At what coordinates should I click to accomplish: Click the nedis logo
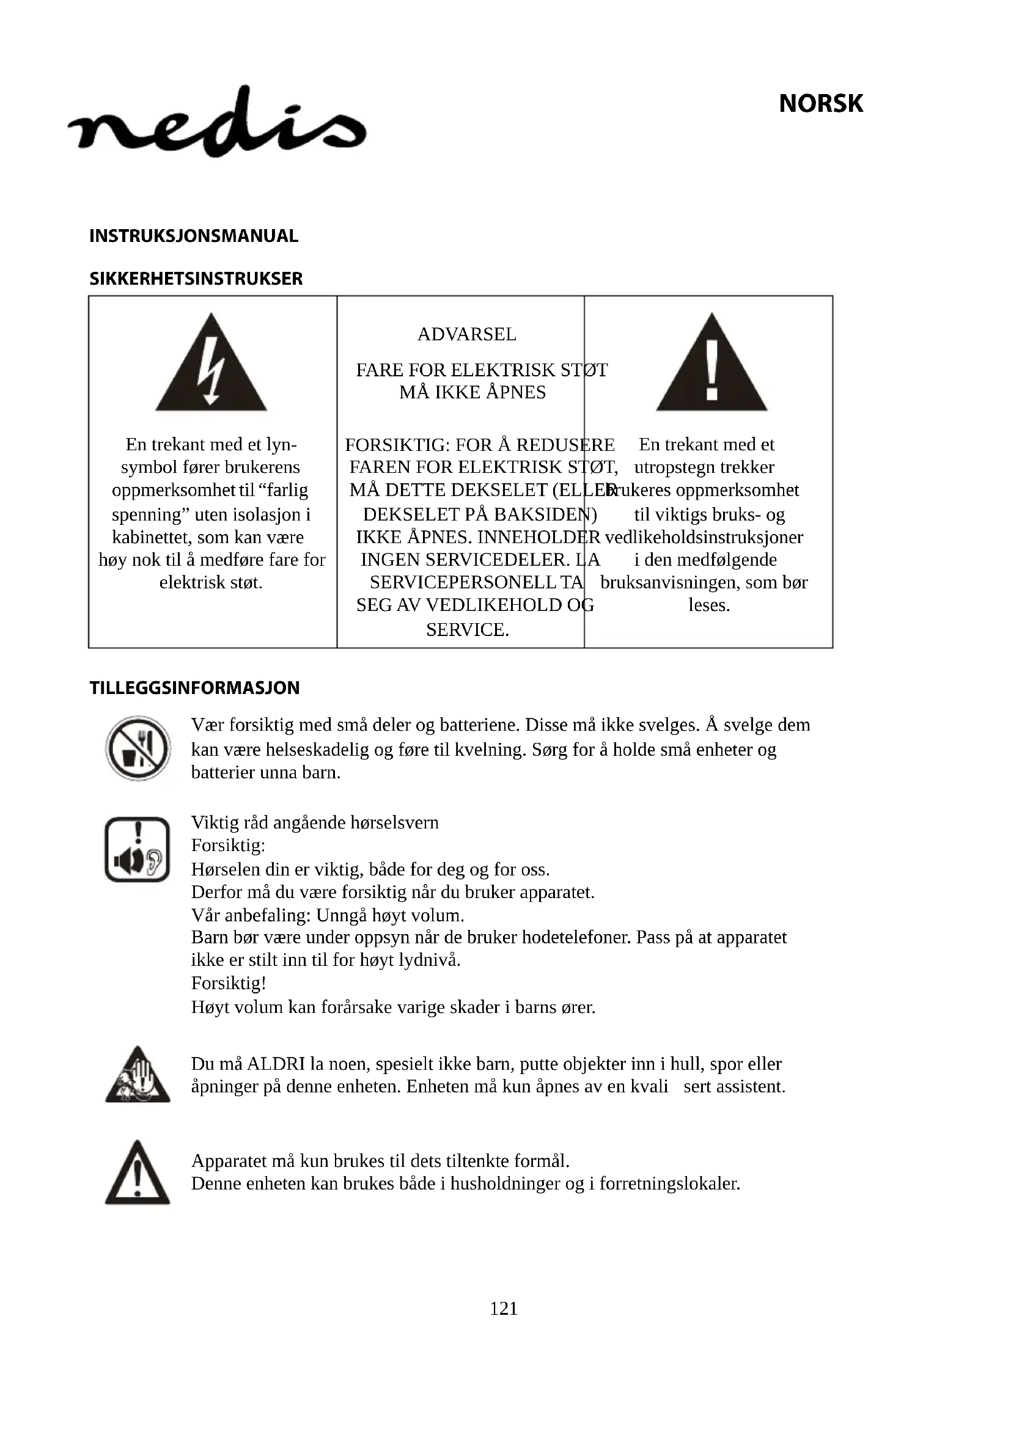coord(216,122)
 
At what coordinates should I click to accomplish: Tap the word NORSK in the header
coord(820,103)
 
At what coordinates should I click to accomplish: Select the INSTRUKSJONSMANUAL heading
coord(194,236)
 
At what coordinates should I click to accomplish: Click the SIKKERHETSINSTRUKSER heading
coord(196,278)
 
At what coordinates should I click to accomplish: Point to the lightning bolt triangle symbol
coord(211,364)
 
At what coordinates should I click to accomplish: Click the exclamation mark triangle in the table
coord(711,364)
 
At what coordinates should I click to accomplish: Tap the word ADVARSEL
coord(466,334)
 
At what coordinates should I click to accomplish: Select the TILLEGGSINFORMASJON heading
coord(194,688)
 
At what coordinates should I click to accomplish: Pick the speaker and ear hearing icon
coord(138,850)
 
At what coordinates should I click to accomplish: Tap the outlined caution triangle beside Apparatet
coord(138,1173)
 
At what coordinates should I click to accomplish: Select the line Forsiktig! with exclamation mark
coord(229,983)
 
